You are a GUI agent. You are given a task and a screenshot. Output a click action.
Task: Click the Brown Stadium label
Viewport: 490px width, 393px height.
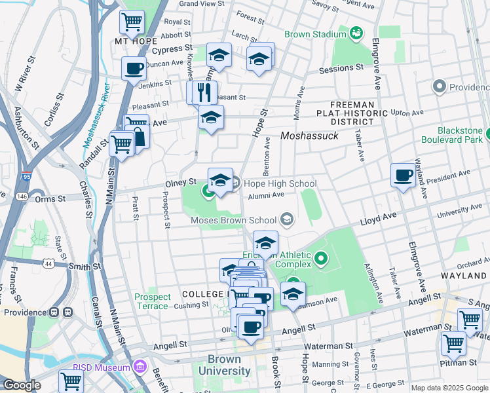click(x=315, y=34)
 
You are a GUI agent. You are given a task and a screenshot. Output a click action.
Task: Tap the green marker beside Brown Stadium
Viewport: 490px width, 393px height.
click(x=357, y=33)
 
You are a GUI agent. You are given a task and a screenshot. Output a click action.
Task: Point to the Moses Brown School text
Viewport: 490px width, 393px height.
click(x=233, y=220)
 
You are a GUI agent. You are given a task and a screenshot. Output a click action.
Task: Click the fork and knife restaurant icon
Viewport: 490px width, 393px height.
click(x=207, y=92)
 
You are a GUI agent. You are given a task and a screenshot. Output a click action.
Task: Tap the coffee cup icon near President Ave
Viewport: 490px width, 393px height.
click(x=402, y=175)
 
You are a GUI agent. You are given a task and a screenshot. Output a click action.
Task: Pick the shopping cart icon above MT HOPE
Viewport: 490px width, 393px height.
click(x=132, y=22)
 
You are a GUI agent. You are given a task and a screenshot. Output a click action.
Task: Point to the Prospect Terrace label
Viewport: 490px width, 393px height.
click(x=153, y=301)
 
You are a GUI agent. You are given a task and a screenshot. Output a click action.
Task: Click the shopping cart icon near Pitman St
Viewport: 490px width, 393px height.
click(x=453, y=343)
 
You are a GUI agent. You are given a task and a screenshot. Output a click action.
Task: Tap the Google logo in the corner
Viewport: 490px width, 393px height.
click(x=22, y=385)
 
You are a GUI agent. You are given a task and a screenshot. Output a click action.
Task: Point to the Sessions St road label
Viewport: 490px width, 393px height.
click(x=341, y=67)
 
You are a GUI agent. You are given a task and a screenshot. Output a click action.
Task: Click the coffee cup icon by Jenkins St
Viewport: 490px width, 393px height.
click(x=134, y=68)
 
